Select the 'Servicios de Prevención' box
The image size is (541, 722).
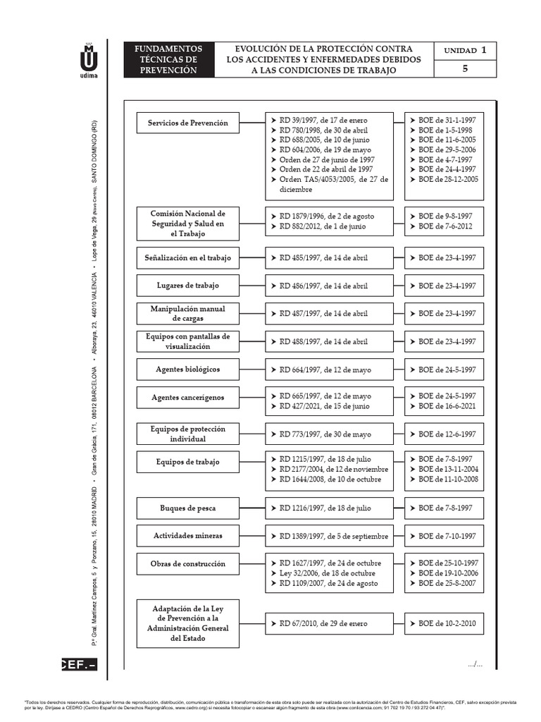click(187, 123)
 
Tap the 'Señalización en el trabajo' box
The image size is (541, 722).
click(187, 258)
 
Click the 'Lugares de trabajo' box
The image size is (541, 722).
click(187, 286)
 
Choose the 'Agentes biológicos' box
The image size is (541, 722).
click(187, 369)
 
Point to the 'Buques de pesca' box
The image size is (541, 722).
click(187, 508)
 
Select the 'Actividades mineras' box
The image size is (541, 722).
click(187, 536)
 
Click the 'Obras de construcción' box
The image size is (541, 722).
click(187, 564)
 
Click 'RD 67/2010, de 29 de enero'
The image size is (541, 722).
click(323, 623)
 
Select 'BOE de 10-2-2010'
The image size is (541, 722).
click(447, 623)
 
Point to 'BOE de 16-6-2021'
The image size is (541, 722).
click(447, 407)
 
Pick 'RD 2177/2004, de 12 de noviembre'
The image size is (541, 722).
click(329, 469)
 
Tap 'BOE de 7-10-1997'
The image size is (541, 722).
click(447, 536)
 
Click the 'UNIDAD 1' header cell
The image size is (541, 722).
click(466, 51)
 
